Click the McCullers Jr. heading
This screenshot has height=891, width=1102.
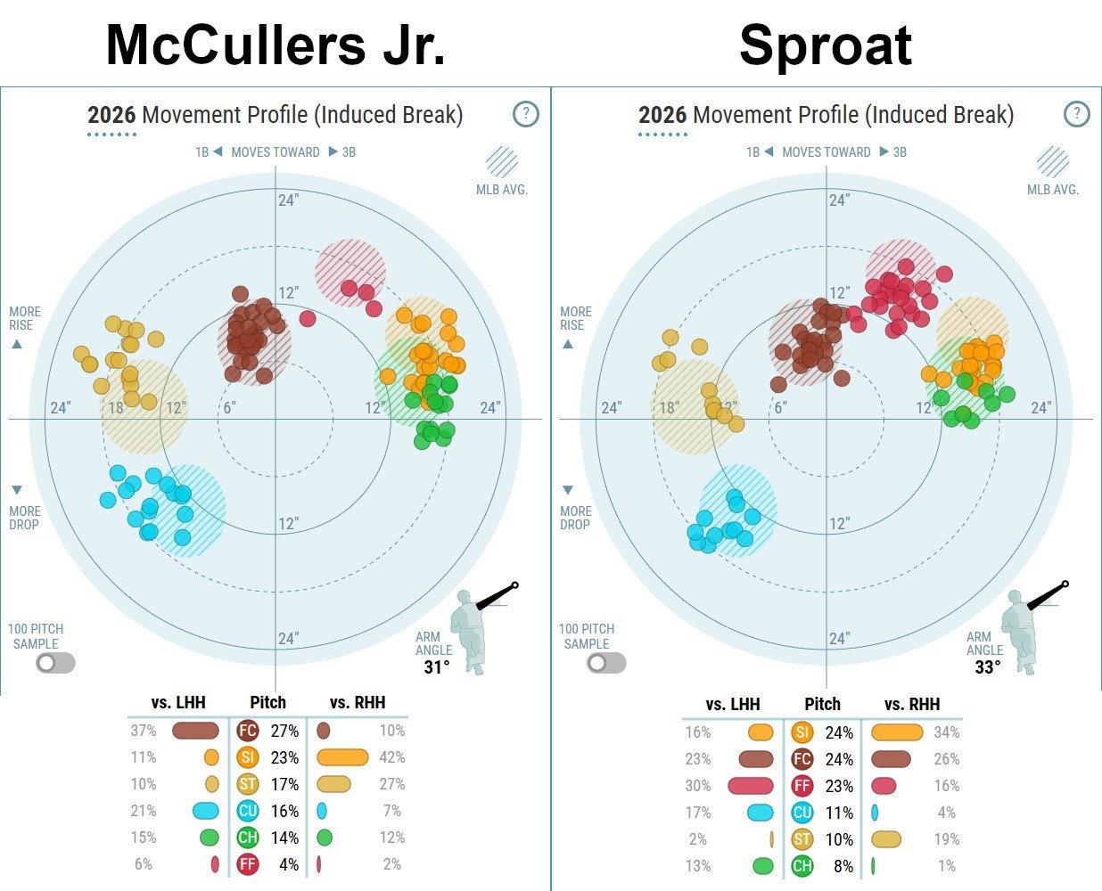(x=275, y=45)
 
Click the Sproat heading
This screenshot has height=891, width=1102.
(x=826, y=46)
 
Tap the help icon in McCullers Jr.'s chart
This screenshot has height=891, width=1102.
(x=526, y=114)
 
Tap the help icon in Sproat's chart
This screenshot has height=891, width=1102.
(x=1077, y=114)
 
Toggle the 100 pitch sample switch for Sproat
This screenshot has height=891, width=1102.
(x=606, y=663)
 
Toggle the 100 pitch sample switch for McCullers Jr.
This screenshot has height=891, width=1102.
(x=55, y=663)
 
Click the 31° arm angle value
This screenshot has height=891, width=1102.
(x=437, y=667)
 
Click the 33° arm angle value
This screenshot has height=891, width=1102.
(x=988, y=667)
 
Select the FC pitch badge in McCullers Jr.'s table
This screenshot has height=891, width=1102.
(x=247, y=731)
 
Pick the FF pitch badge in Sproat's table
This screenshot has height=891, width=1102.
(x=802, y=786)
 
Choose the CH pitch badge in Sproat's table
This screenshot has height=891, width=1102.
(x=802, y=866)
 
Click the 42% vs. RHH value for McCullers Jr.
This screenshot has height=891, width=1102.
(x=391, y=757)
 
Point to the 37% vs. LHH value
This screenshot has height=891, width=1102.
(x=144, y=731)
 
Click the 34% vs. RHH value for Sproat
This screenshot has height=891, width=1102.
(x=946, y=732)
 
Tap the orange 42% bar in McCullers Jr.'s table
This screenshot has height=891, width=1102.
(x=342, y=757)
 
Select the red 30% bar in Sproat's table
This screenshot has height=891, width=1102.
(x=750, y=786)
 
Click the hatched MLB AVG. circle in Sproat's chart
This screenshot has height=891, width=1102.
(x=1053, y=162)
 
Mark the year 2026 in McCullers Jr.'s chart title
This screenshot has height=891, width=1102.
(x=111, y=115)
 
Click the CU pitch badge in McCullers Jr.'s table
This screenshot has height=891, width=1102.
(x=247, y=811)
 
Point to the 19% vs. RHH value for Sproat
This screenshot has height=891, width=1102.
(x=946, y=839)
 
